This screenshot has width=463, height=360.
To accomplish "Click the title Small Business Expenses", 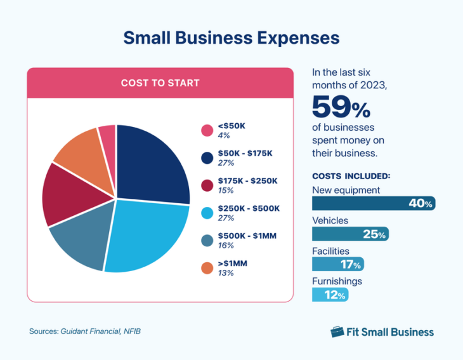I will (231, 37).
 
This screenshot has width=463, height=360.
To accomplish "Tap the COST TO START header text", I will (160, 83).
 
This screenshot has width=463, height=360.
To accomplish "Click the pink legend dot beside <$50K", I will (207, 131).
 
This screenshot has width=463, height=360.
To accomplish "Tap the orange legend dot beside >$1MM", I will (207, 268).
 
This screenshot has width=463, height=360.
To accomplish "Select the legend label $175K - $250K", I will (248, 180).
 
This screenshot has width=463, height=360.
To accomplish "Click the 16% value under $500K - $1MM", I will (226, 246).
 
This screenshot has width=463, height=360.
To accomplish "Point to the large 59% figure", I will (341, 107).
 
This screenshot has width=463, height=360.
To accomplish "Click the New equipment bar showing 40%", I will (373, 203).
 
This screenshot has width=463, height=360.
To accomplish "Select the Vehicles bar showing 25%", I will (350, 234).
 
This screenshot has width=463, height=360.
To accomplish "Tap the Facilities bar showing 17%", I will (338, 263).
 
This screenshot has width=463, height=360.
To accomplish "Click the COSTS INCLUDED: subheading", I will (351, 175).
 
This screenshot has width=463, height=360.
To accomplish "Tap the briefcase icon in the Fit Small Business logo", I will (338, 331).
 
